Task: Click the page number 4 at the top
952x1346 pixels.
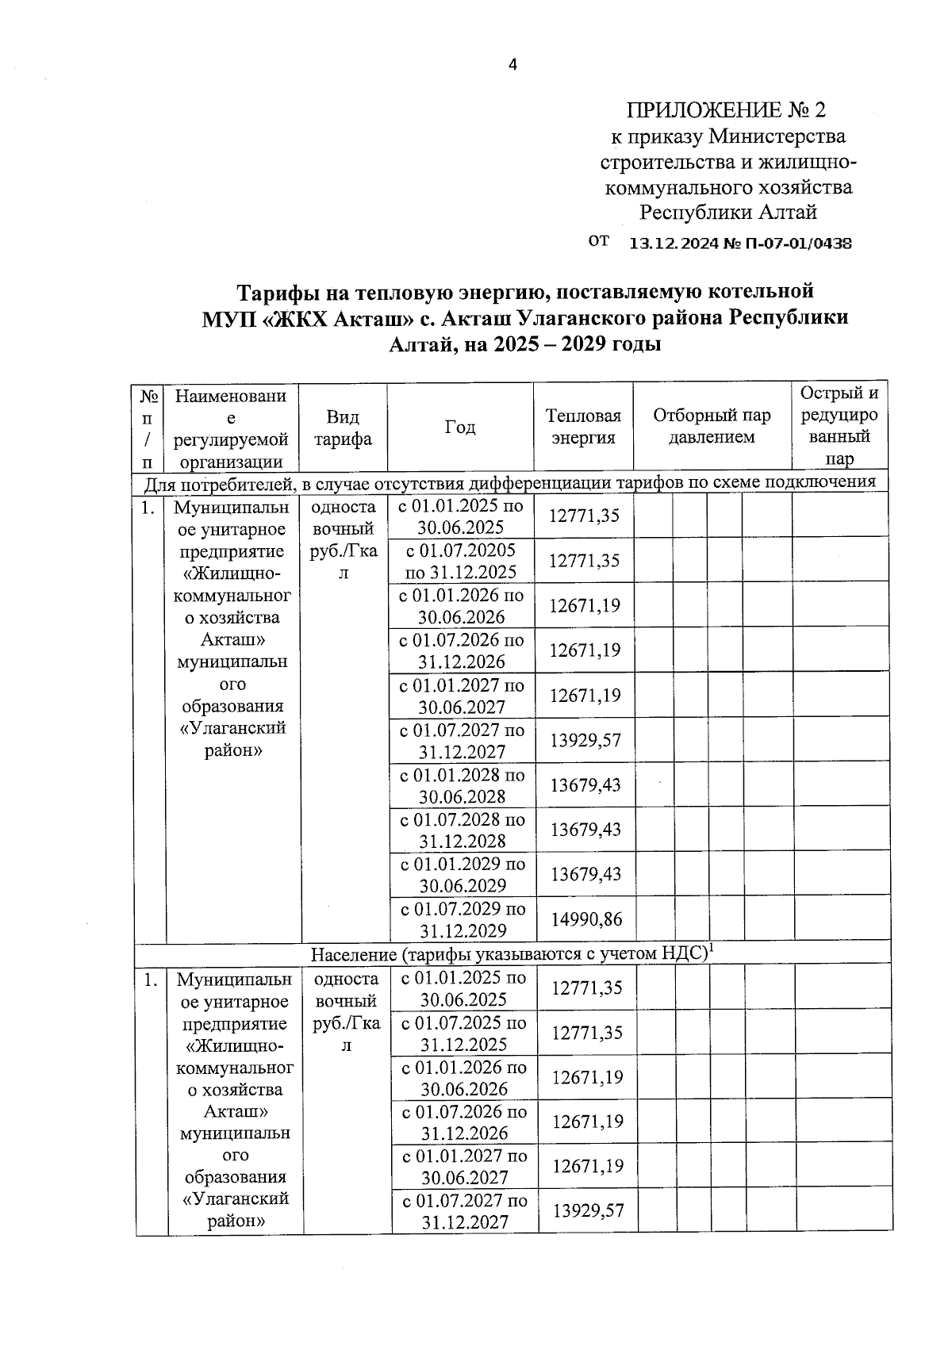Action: tap(512, 65)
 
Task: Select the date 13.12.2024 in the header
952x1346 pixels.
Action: tap(673, 244)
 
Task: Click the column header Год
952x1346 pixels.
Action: tap(459, 427)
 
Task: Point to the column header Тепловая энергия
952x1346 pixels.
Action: tap(583, 427)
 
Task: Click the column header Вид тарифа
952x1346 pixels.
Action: tap(343, 428)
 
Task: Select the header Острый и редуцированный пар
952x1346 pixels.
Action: tap(839, 425)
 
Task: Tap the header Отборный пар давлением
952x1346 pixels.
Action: tap(711, 426)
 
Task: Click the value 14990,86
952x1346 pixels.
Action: tap(586, 919)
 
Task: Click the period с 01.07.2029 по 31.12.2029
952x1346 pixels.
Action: tap(462, 919)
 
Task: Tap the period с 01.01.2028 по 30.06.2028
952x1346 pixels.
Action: tap(462, 785)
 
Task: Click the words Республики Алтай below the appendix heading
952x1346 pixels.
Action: tap(727, 213)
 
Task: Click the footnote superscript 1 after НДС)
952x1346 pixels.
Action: tap(712, 947)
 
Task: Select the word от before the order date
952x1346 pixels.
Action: tap(599, 240)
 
